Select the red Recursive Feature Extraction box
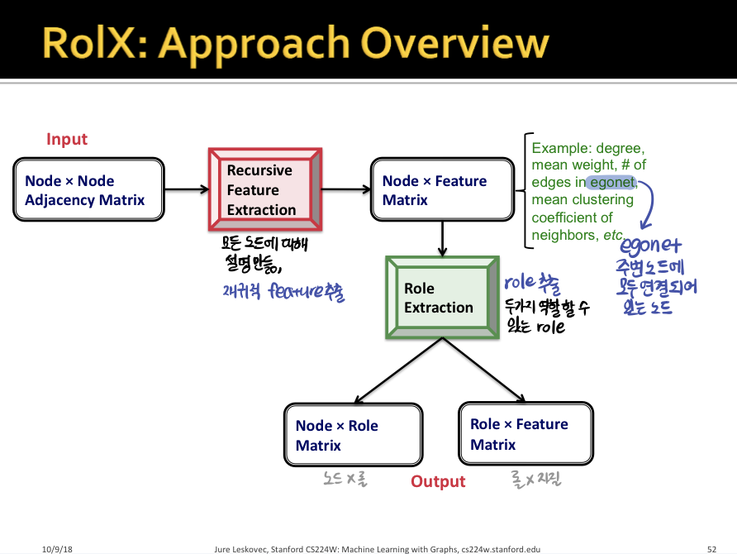coord(264,189)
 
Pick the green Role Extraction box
coord(440,298)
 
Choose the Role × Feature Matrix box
coord(525,434)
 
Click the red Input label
coord(67,140)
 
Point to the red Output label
coord(438,481)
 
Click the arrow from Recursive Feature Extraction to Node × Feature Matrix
coord(345,189)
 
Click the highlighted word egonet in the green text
coord(611,182)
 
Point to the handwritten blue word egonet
coord(650,246)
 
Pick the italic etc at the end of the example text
coord(612,235)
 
